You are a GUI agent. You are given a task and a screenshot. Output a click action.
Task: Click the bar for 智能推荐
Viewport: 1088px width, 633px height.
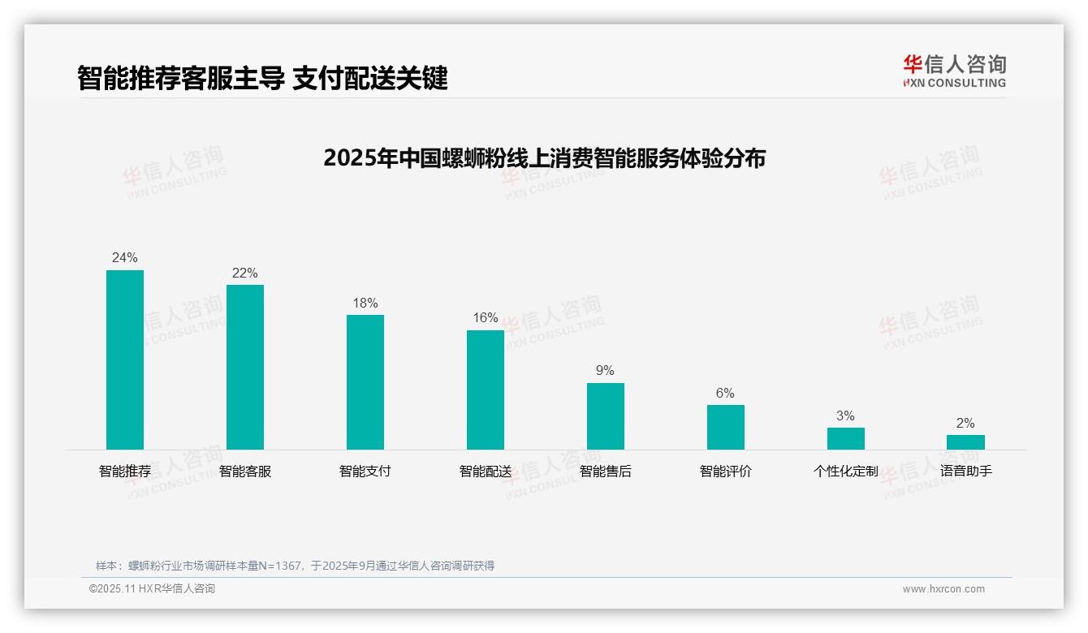click(125, 360)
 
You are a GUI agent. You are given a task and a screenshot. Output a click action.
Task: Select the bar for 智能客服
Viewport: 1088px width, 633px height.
click(245, 367)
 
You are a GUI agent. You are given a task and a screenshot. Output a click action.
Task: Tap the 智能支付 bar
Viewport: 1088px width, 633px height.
click(365, 382)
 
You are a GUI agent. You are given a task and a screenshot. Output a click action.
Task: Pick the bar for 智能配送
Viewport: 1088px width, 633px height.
click(486, 390)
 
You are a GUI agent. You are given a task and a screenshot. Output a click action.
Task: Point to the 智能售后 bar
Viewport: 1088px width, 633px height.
click(606, 416)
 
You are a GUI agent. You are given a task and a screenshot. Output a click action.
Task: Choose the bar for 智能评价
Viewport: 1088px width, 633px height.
click(726, 427)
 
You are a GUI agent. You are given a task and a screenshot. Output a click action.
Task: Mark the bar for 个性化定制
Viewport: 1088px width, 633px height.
click(846, 438)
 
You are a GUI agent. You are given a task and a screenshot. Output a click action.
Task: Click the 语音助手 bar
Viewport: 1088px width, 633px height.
click(965, 442)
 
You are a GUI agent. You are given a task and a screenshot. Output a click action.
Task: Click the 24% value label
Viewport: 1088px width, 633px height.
click(125, 257)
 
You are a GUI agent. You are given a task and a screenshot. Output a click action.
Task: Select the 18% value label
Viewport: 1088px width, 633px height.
click(365, 303)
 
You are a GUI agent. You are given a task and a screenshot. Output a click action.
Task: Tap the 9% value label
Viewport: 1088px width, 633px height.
click(606, 370)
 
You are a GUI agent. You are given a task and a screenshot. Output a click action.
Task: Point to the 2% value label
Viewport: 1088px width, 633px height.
click(965, 423)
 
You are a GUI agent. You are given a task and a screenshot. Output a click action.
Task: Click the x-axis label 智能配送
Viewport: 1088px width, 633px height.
click(486, 471)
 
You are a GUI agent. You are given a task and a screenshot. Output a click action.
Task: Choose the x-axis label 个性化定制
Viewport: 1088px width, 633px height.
click(846, 471)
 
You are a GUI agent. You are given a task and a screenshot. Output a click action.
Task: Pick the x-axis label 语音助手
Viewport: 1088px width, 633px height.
click(965, 471)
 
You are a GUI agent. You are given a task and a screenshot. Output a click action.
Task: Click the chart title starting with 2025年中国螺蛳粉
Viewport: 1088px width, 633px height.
click(544, 157)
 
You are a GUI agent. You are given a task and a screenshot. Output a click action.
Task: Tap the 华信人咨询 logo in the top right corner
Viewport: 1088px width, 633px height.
click(954, 71)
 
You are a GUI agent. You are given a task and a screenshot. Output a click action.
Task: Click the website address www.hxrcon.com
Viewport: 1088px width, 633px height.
click(943, 589)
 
